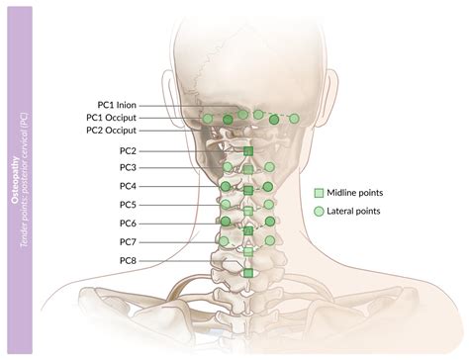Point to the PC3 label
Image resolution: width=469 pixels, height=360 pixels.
pos(129,168)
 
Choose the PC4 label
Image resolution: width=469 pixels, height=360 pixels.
pos(129,186)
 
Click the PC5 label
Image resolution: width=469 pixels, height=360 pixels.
pos(129,205)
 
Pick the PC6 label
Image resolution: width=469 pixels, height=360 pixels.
pos(129,224)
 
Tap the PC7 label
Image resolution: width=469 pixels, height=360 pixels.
pos(129,242)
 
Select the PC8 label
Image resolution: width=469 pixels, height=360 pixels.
pos(129,261)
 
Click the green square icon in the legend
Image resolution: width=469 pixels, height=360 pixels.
pos(319,193)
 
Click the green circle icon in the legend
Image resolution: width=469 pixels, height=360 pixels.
pos(319,211)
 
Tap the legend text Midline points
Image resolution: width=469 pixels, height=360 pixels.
pos(356,193)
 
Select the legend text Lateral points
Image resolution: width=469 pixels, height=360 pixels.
pos(355,211)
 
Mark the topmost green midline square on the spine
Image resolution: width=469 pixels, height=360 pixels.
pos(248,150)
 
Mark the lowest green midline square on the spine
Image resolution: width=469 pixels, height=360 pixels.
pos(248,272)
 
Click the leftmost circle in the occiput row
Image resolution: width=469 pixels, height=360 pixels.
pos(209,119)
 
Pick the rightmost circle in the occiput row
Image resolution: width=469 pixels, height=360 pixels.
pos(294,119)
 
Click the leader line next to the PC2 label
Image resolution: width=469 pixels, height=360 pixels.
pos(188,150)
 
